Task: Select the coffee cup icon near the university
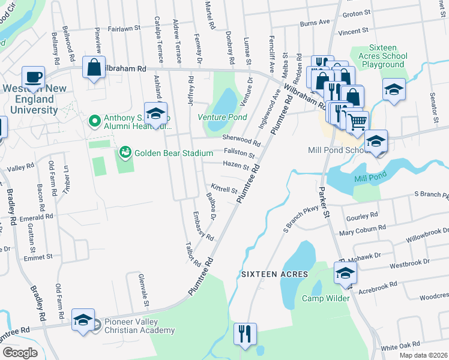pos(34,77)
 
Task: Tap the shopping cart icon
pos(357,122)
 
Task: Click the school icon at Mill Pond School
pos(376,142)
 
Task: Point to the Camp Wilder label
pos(325,298)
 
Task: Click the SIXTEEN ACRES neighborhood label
pos(274,274)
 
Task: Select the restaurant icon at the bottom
pos(245,334)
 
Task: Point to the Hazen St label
pos(235,165)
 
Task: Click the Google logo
pos(20,353)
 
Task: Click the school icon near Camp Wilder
pos(345,274)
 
